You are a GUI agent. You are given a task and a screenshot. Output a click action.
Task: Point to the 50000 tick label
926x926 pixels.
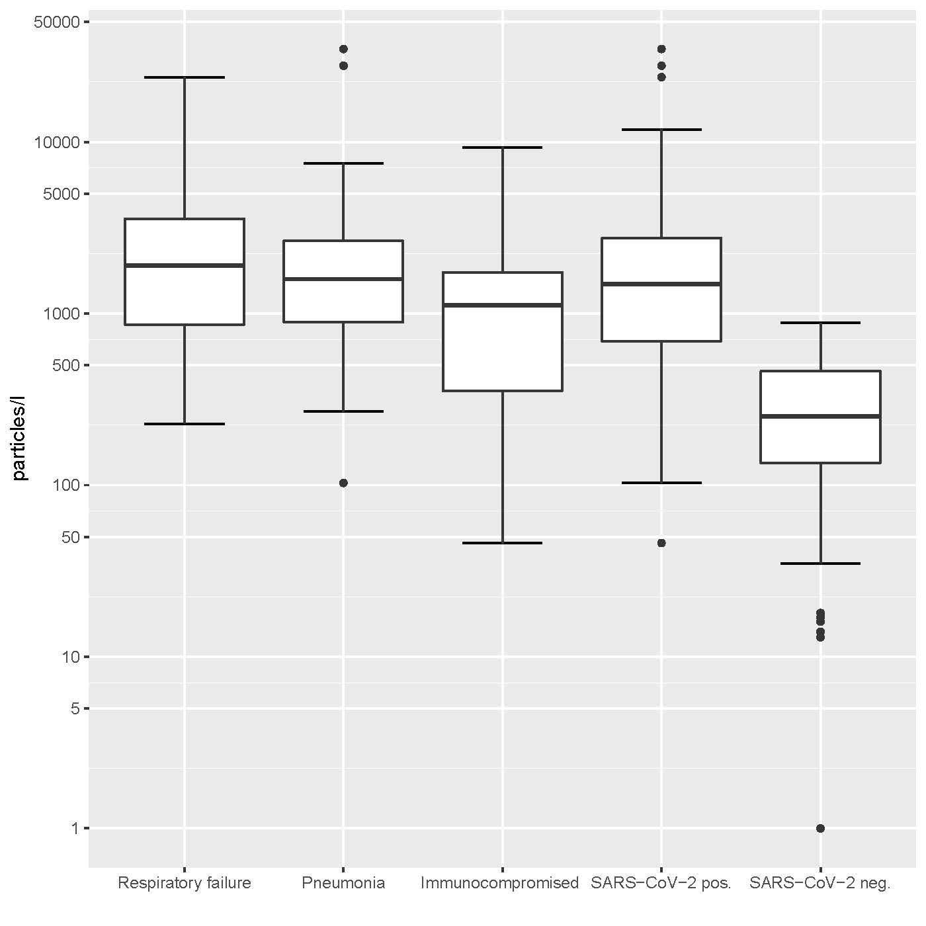point(56,22)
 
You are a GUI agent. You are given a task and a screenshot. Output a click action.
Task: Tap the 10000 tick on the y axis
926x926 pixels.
point(56,143)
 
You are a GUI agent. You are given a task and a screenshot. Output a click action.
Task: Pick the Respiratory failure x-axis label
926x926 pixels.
point(184,883)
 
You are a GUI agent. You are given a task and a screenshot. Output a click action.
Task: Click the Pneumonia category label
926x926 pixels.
point(343,883)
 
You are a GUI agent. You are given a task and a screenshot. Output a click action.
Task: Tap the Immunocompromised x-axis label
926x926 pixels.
point(499,883)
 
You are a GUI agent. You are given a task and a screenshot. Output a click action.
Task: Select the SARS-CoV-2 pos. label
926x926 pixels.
point(661,883)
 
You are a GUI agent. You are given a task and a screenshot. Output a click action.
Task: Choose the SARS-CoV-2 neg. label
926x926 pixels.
point(820,883)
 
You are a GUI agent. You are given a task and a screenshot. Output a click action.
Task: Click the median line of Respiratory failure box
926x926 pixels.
point(185,265)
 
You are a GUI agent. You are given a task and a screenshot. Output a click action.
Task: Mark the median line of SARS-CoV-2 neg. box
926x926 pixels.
point(820,416)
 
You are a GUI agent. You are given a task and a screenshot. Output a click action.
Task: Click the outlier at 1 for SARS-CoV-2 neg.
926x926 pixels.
point(820,828)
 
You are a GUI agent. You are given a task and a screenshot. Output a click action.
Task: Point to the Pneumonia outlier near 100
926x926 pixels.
point(343,483)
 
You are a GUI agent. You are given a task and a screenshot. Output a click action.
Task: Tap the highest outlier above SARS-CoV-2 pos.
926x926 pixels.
point(661,49)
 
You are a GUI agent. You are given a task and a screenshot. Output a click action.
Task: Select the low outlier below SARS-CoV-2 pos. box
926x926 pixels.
point(661,543)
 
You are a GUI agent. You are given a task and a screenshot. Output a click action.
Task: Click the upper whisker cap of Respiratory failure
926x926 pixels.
point(185,77)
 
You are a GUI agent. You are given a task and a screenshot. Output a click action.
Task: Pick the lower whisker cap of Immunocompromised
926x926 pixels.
point(502,543)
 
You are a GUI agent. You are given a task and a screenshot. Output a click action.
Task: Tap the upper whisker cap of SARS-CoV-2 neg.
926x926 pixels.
point(820,323)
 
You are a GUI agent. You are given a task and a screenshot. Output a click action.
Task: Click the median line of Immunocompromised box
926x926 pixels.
point(502,305)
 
